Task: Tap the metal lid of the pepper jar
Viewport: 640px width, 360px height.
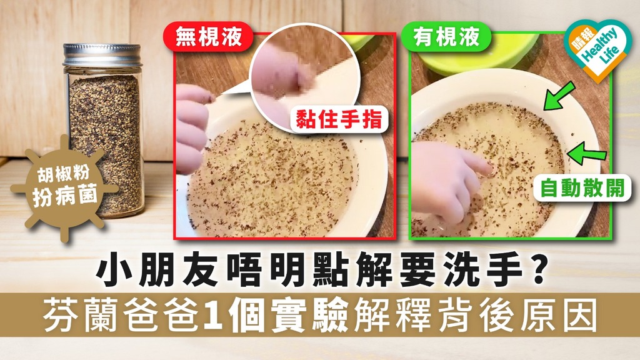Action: tap(102, 55)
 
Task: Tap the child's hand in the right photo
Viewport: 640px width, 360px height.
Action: tap(447, 178)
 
